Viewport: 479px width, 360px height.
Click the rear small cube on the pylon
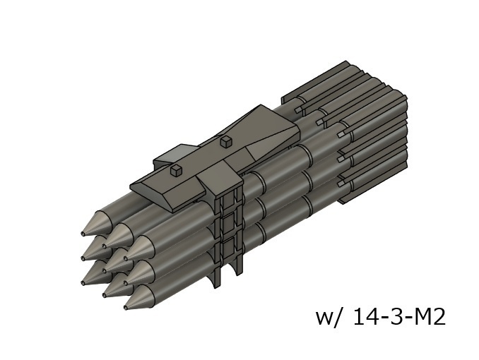[x=226, y=142]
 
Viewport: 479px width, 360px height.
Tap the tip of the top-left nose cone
[x=84, y=233]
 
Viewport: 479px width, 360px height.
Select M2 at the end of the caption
[x=427, y=317]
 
